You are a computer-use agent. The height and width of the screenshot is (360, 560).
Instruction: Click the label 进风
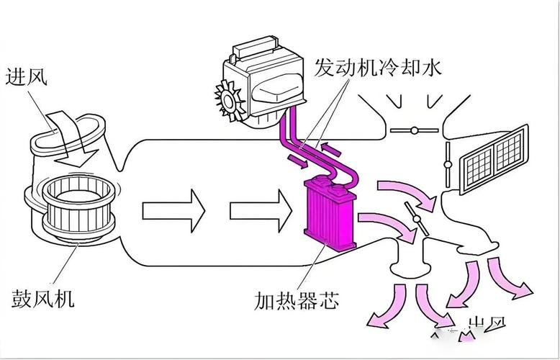point(27,76)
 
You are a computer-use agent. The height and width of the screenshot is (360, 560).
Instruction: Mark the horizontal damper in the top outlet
point(413,130)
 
